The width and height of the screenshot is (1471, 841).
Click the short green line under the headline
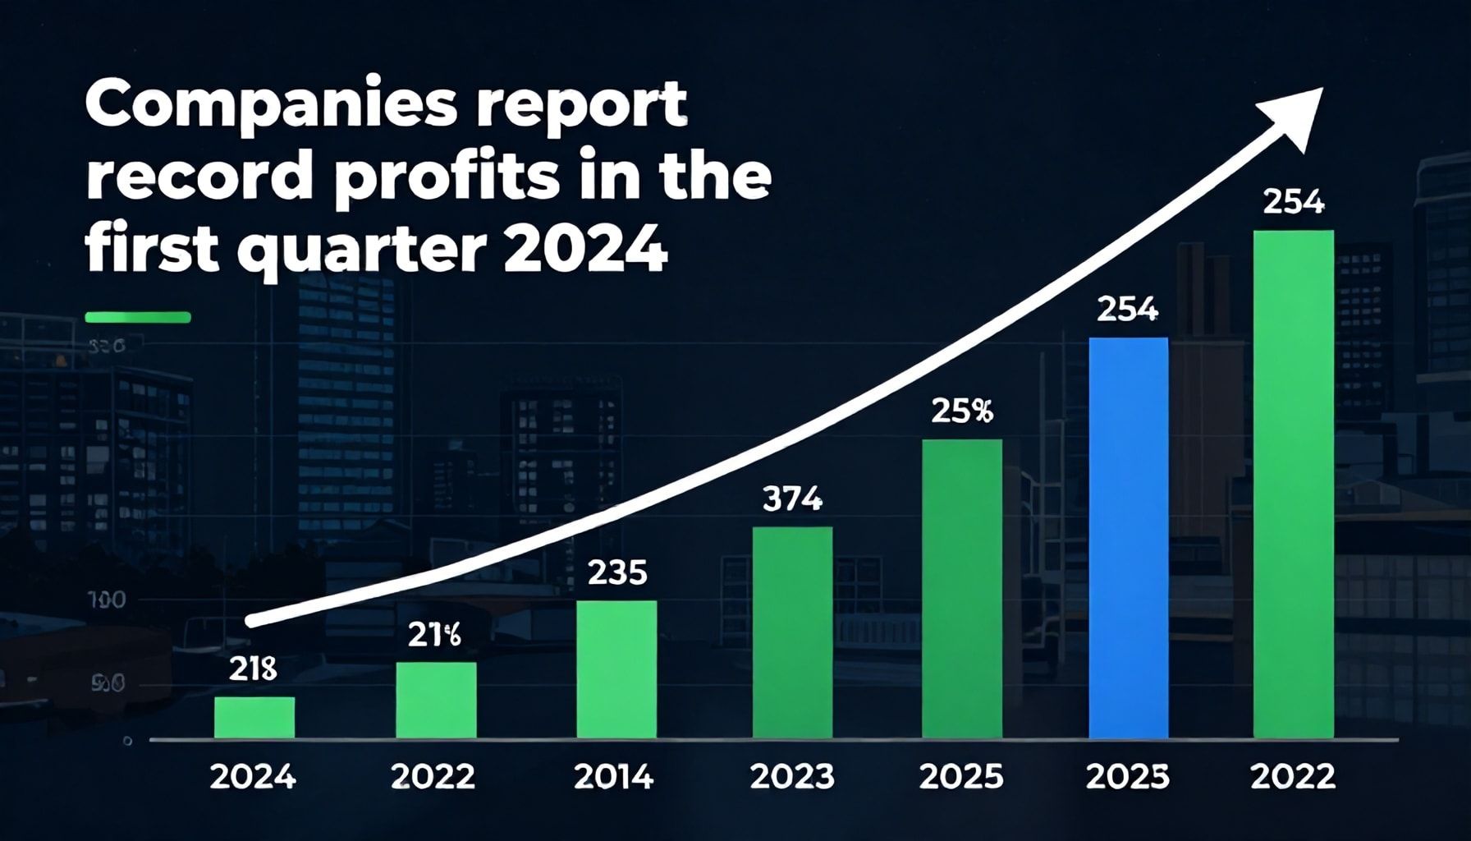click(x=138, y=317)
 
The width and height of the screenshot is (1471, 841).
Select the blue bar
click(x=1128, y=538)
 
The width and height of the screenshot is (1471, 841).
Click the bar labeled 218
click(x=254, y=717)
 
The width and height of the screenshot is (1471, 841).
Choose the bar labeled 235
click(x=616, y=669)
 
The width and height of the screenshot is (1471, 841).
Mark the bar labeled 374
click(x=792, y=632)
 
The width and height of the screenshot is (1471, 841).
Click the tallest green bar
click(x=1294, y=485)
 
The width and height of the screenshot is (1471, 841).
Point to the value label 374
click(x=792, y=499)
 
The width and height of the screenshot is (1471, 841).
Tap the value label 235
click(x=617, y=572)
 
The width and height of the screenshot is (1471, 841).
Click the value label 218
click(x=253, y=670)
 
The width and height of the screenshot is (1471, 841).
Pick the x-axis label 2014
click(x=614, y=776)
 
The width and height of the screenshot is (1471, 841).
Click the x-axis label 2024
click(x=253, y=776)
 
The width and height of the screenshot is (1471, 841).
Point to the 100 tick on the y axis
click(x=107, y=600)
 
